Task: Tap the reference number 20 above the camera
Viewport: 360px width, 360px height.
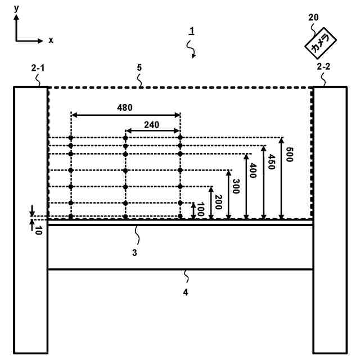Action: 314,17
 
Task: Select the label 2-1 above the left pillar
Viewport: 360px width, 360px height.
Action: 38,67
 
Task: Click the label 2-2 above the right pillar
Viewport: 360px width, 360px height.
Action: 323,67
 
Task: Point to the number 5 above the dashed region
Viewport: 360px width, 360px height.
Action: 139,67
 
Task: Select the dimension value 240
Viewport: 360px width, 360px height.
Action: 152,124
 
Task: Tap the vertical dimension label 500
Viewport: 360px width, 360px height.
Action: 290,154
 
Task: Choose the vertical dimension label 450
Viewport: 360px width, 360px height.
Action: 272,163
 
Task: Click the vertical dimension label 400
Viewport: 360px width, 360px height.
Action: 254,170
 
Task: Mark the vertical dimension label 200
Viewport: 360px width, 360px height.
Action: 218,201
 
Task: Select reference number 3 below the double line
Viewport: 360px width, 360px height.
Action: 134,253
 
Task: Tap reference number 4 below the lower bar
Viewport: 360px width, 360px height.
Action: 186,292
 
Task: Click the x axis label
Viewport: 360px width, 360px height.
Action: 51,40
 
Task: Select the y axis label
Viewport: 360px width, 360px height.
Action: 16,8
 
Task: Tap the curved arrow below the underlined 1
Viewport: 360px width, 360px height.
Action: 192,52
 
